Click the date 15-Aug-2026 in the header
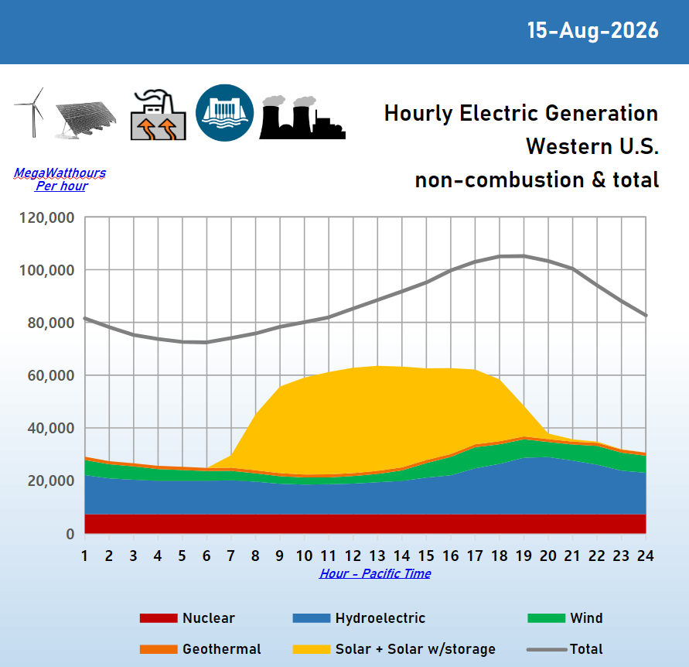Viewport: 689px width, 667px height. coord(593,31)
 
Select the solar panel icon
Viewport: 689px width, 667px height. coord(86,120)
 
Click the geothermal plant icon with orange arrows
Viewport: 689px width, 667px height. coord(159,115)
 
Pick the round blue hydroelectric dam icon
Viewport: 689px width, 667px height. coord(224,113)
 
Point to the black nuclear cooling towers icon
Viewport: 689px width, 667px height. coord(302,118)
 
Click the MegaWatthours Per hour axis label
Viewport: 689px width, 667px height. coord(60,180)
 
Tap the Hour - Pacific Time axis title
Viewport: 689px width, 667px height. coord(375,573)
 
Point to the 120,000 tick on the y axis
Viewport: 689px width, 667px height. coord(47,217)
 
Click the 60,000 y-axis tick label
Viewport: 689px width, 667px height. coord(51,375)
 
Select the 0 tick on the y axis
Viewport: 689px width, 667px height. coord(70,534)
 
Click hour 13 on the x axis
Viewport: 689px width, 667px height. coord(377,556)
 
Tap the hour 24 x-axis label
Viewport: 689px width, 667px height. coord(646,556)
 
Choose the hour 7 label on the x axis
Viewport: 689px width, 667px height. coord(230,556)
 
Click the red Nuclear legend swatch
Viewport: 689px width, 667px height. coord(159,618)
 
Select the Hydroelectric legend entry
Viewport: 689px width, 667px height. coord(359,618)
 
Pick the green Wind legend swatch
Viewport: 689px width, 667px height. coord(546,618)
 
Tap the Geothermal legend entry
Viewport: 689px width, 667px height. coord(200,649)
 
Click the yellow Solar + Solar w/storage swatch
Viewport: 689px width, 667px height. coord(312,649)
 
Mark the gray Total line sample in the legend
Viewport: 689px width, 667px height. coord(547,649)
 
